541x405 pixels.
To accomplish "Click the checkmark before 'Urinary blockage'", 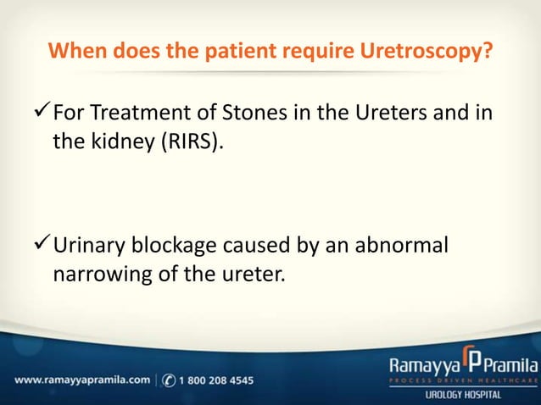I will click(x=41, y=247).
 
